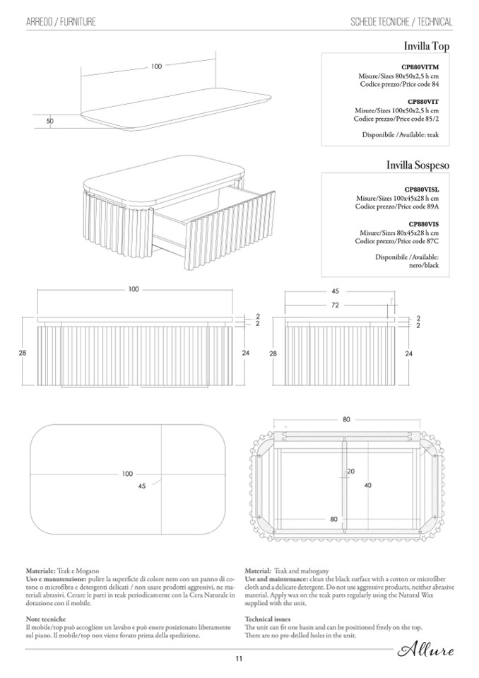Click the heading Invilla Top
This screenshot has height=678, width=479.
click(426, 47)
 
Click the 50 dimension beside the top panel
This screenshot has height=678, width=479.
click(50, 121)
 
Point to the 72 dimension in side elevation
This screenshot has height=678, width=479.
click(335, 305)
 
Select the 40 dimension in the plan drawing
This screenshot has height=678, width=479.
click(367, 485)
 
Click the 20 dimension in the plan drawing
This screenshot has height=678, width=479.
click(351, 471)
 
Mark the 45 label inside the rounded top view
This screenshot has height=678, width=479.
click(141, 486)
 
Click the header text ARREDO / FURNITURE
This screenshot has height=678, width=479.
click(61, 22)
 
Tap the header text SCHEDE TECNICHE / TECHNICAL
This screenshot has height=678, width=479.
click(401, 22)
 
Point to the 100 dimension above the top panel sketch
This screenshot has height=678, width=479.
click(156, 66)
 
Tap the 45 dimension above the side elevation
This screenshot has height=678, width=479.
click(335, 291)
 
